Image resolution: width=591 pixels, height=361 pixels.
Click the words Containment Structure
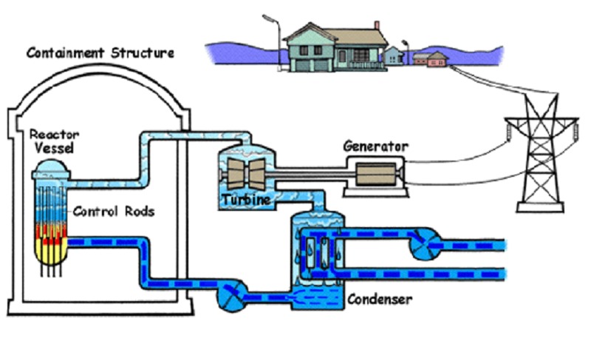tap(100, 53)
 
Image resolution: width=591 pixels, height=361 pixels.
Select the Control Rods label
tap(114, 212)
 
